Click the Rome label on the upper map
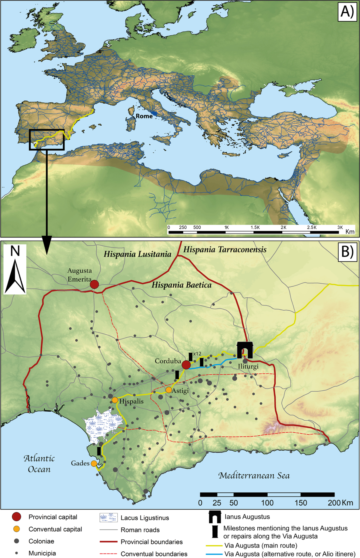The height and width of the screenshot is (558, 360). [144, 116]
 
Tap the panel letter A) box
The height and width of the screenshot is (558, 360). [347, 12]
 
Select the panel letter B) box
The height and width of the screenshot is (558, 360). [347, 252]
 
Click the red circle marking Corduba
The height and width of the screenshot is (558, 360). [186, 365]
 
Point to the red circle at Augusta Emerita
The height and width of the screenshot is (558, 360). [94, 284]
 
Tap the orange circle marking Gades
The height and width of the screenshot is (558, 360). [94, 464]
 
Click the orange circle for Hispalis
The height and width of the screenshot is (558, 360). [115, 400]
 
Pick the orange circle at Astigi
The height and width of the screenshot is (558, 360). [169, 390]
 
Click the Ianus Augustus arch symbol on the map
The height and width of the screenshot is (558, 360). [245, 350]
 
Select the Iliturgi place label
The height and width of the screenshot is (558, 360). [248, 366]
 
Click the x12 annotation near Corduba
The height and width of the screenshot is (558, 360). [197, 354]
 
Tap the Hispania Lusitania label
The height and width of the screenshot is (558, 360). [137, 254]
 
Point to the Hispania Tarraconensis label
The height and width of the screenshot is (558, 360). [225, 249]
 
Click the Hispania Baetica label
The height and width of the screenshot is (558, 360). [181, 285]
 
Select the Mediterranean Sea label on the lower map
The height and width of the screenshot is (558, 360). [254, 476]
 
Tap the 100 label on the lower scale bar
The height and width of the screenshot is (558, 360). [267, 503]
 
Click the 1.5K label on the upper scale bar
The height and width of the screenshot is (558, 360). [255, 227]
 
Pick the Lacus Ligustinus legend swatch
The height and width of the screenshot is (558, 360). [108, 518]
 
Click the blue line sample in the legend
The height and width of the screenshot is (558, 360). [214, 554]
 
